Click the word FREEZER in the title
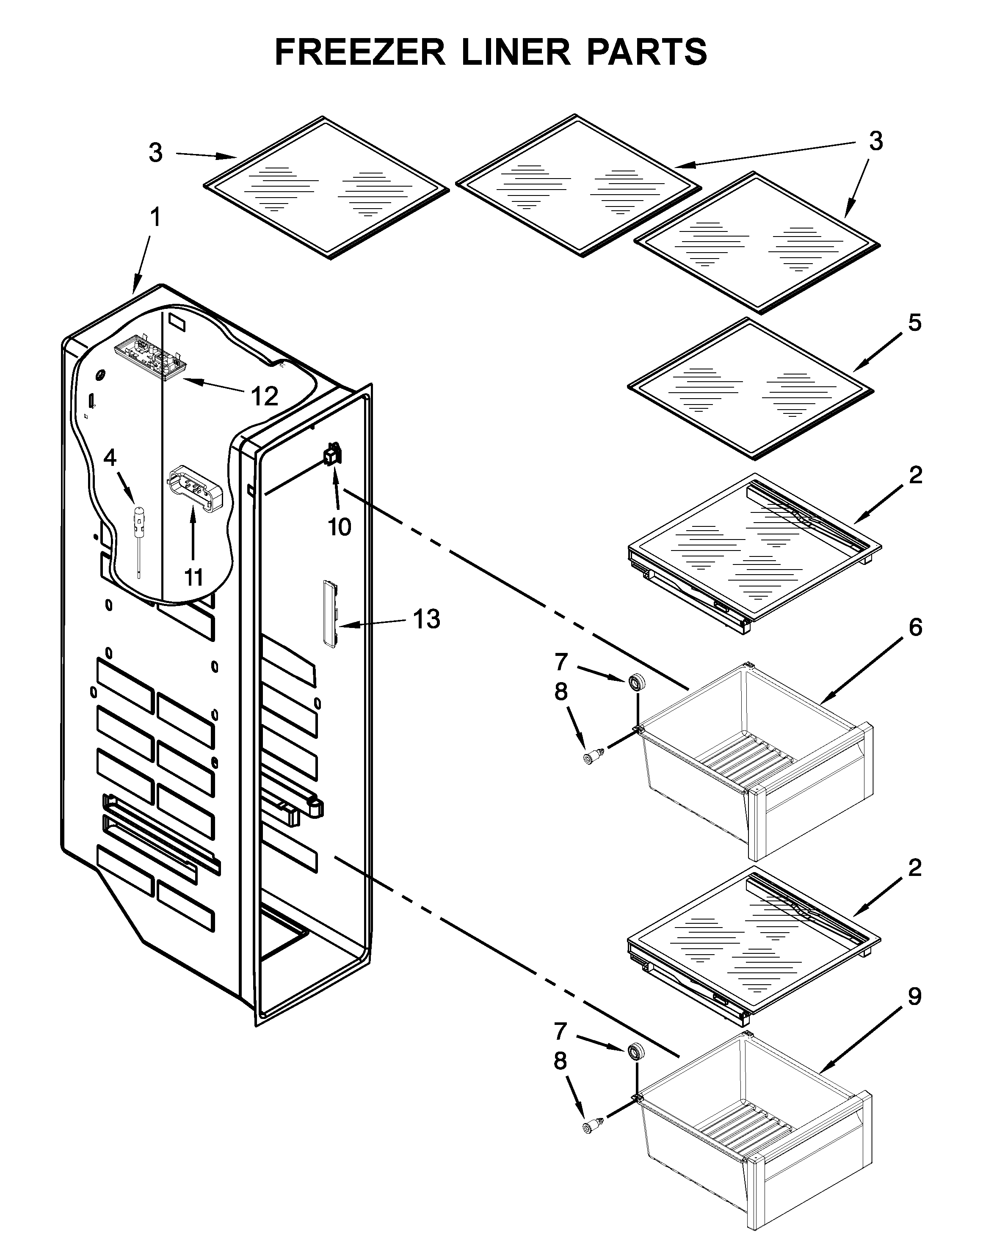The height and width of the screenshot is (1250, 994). (x=359, y=52)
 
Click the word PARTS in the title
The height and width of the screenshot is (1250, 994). (x=646, y=52)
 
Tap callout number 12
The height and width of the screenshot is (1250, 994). (x=265, y=396)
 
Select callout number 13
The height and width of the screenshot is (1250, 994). (x=426, y=619)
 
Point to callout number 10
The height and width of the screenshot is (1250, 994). (x=339, y=526)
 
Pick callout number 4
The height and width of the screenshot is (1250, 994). (x=110, y=458)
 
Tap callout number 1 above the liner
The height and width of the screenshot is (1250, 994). (x=155, y=218)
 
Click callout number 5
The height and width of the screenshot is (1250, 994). (x=914, y=323)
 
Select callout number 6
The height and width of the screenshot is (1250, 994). (x=914, y=627)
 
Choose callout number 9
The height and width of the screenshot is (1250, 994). (x=914, y=996)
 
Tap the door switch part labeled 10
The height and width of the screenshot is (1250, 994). (x=333, y=454)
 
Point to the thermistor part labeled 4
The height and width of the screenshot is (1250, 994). (x=139, y=522)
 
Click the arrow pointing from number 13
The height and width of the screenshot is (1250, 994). (x=371, y=623)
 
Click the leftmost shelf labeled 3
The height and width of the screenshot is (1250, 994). (x=326, y=187)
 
